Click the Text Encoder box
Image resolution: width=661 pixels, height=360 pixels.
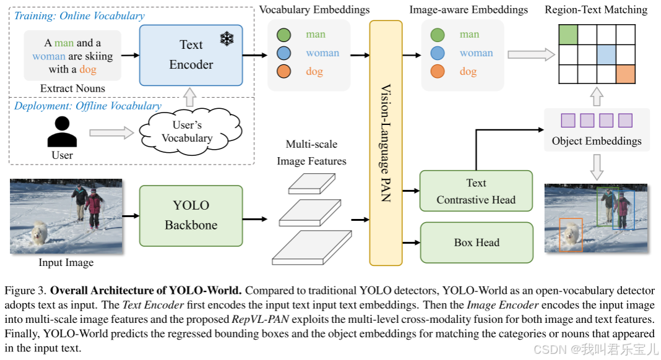[191, 55]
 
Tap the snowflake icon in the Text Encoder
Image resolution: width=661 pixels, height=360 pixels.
[227, 39]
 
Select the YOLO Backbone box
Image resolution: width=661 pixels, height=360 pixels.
[191, 216]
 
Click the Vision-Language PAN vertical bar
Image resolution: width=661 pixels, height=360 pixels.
[386, 143]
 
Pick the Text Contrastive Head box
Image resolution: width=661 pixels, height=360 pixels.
[476, 191]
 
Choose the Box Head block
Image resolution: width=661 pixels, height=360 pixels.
[477, 242]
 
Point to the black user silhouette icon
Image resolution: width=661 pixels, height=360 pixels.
[62, 132]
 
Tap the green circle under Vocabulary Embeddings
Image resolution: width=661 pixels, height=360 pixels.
[283, 35]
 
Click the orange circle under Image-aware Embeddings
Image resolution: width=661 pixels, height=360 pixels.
[438, 71]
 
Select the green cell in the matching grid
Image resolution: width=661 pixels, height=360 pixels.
[568, 35]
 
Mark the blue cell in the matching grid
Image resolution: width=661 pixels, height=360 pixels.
[606, 55]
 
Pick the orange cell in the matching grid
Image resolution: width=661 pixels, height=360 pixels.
[626, 74]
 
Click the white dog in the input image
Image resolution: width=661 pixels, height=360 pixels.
[39, 233]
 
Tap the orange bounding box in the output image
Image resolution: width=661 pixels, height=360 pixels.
[571, 235]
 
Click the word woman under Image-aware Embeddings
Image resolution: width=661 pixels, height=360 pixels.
[476, 53]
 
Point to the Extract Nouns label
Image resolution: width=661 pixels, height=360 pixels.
[72, 88]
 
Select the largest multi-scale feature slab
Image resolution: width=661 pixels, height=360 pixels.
[312, 247]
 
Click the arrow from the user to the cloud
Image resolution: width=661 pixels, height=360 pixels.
[111, 133]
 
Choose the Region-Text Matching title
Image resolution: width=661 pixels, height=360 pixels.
[596, 10]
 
